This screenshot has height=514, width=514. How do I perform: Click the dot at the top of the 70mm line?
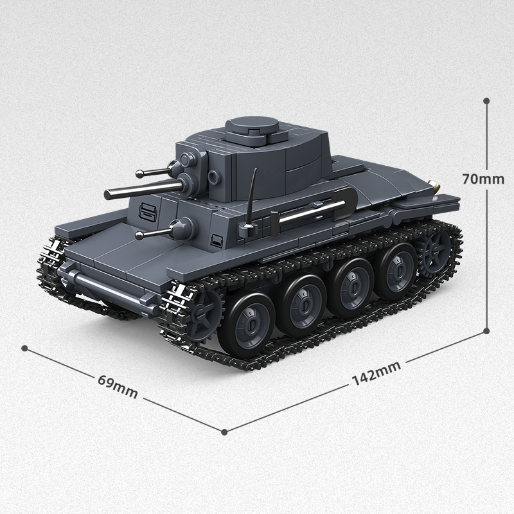(x=486, y=101)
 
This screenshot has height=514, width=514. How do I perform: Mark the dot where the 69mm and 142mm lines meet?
(x=224, y=431)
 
